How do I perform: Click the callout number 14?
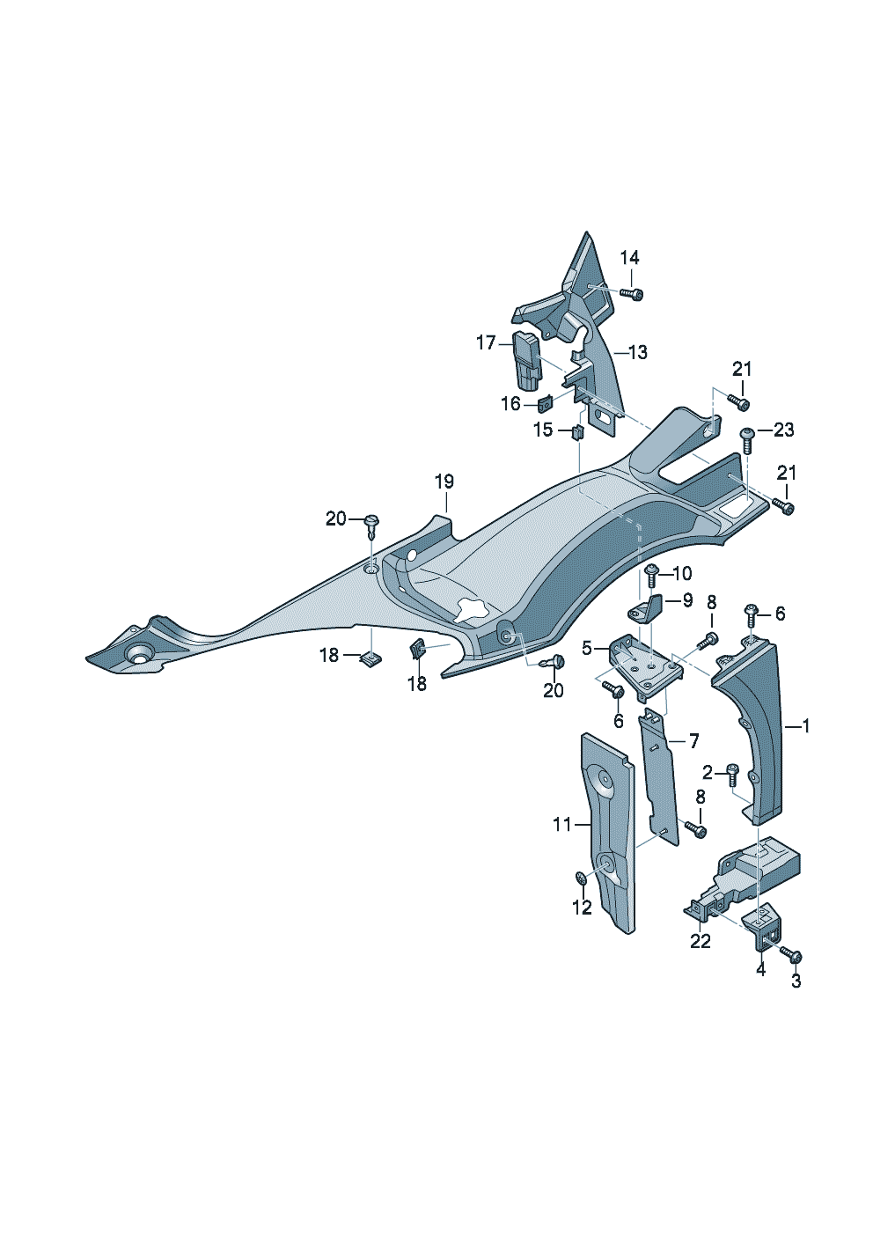[629, 258]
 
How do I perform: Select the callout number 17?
[486, 342]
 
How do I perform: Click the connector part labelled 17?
[526, 361]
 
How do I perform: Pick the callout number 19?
[444, 482]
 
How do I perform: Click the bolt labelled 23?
[747, 437]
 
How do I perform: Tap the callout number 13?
[637, 352]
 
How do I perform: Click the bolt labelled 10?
[651, 576]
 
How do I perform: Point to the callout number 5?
[587, 649]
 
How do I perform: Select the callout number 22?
[700, 941]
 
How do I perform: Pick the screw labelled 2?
[731, 774]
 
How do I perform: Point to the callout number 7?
[693, 740]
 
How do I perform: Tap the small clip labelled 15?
[577, 431]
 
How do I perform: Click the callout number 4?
[760, 970]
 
